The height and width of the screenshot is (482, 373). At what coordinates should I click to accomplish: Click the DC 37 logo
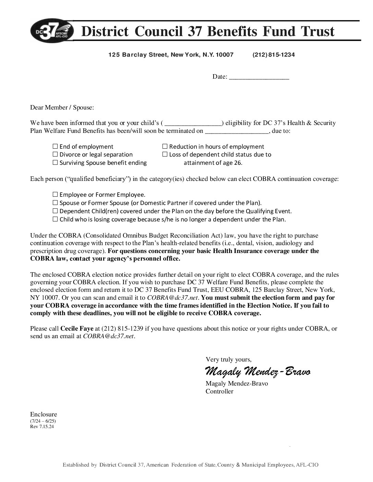coord(52,31)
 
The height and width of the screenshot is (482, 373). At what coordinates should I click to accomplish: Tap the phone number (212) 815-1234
coord(273,55)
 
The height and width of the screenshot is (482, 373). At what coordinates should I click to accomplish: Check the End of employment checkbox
coord(55,147)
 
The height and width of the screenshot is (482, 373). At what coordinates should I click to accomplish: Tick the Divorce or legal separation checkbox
coord(55,154)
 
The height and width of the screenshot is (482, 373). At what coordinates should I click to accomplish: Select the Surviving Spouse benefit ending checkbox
coord(55,163)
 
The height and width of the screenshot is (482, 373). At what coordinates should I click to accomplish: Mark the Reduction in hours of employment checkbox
coord(165,147)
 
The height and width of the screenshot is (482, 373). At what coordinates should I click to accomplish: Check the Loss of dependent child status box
coord(165,154)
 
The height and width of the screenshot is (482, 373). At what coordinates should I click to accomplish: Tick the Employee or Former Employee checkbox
coord(55,195)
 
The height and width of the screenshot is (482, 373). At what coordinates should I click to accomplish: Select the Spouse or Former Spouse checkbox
coord(55,203)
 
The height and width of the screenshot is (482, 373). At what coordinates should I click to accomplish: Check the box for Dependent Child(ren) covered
coord(55,211)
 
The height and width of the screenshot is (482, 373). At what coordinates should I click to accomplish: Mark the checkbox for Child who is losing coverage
coord(55,219)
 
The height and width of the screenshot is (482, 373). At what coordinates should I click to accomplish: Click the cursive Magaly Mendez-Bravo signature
coord(258,371)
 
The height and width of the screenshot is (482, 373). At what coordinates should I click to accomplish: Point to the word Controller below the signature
coord(219,391)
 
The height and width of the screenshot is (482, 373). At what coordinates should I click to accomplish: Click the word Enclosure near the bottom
coord(44,414)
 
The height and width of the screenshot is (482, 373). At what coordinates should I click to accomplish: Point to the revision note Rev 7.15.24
coord(42,427)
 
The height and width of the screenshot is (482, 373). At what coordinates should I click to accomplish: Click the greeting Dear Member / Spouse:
coord(62,107)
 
